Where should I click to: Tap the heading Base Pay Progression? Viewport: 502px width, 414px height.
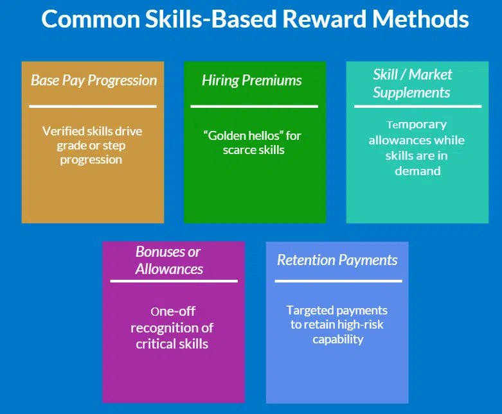94,81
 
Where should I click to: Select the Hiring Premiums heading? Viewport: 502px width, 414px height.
252,81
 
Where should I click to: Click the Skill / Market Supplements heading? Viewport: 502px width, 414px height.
413,83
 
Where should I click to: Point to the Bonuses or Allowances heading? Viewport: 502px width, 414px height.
169,260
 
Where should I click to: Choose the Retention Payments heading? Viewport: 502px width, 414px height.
337,260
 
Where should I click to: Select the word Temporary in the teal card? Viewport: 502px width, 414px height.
417,125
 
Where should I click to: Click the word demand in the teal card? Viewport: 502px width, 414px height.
417,171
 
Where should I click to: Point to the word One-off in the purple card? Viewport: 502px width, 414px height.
173,312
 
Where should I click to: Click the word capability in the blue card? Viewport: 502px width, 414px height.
338,339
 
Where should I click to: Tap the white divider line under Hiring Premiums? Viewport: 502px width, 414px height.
254,106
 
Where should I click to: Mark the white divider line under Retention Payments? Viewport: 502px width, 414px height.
338,280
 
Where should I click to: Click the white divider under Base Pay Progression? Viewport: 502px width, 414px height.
93,106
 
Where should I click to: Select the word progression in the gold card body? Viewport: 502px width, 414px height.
91,160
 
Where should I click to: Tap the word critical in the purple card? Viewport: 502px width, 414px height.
155,343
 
